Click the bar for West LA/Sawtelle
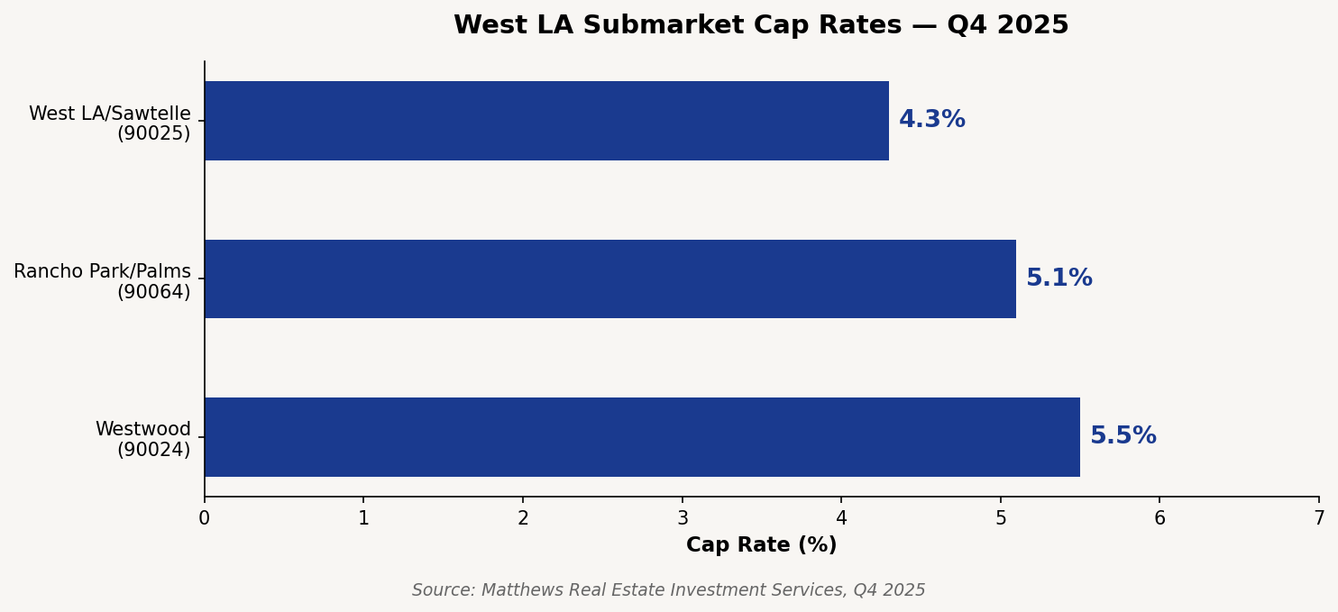546,121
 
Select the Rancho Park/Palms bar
609,279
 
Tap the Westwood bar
642,437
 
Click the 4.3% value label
931,120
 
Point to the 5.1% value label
1058,279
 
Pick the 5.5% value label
1123,436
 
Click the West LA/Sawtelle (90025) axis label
110,124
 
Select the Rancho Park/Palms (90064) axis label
103,282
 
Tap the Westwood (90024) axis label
143,440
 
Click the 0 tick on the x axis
205,519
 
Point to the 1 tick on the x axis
363,519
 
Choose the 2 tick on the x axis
523,519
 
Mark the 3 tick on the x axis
683,519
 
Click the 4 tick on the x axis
841,519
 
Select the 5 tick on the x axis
1001,519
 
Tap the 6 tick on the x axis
1159,519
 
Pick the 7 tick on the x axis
1318,519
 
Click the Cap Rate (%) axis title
761,545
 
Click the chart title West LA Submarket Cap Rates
761,25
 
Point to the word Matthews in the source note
517,590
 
